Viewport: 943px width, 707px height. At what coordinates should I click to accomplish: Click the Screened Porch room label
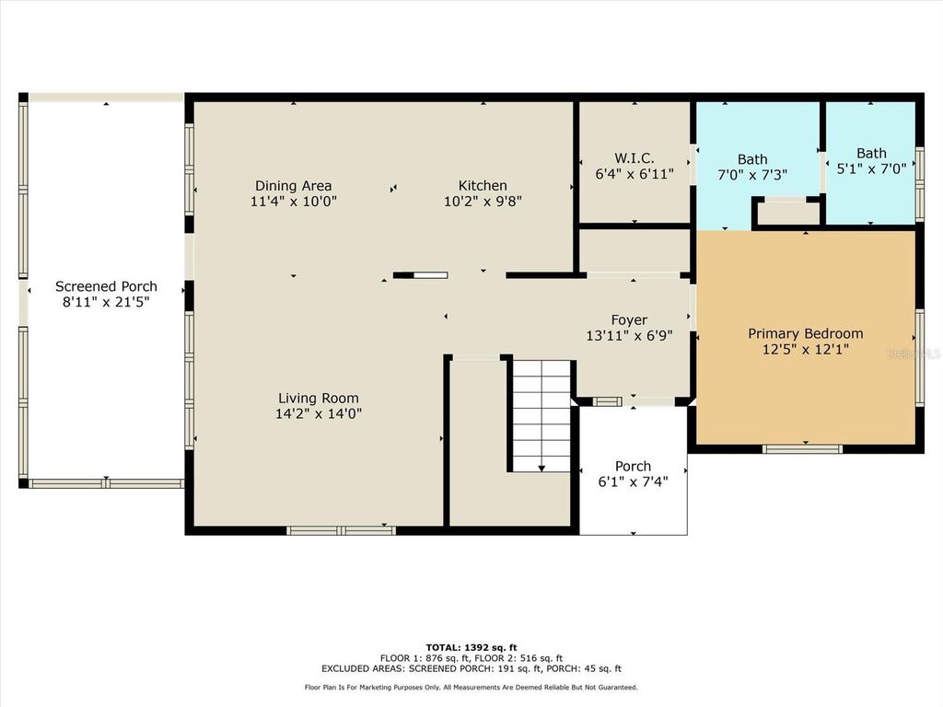(x=106, y=286)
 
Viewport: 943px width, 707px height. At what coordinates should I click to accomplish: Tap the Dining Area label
(x=293, y=186)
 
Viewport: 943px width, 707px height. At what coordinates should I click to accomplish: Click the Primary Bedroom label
(x=805, y=333)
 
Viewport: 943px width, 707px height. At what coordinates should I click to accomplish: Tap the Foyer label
(x=629, y=320)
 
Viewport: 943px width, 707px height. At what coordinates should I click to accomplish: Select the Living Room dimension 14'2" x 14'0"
(x=319, y=414)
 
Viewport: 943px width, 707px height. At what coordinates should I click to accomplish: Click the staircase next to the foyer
(x=541, y=414)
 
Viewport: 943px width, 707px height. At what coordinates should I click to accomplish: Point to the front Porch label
(x=633, y=466)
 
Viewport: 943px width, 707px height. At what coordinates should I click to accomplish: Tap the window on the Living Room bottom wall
(x=341, y=530)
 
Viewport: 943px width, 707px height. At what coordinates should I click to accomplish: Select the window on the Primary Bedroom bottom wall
(x=802, y=449)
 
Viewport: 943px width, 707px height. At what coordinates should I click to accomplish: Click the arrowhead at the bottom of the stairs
(x=541, y=469)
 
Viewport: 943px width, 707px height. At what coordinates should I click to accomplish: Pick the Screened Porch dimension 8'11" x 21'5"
(x=106, y=302)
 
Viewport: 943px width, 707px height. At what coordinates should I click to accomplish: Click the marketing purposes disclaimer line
(x=471, y=688)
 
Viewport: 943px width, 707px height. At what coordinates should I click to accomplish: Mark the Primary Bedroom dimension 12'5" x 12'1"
(x=805, y=349)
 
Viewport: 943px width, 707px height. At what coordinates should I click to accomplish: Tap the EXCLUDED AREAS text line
(x=471, y=669)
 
